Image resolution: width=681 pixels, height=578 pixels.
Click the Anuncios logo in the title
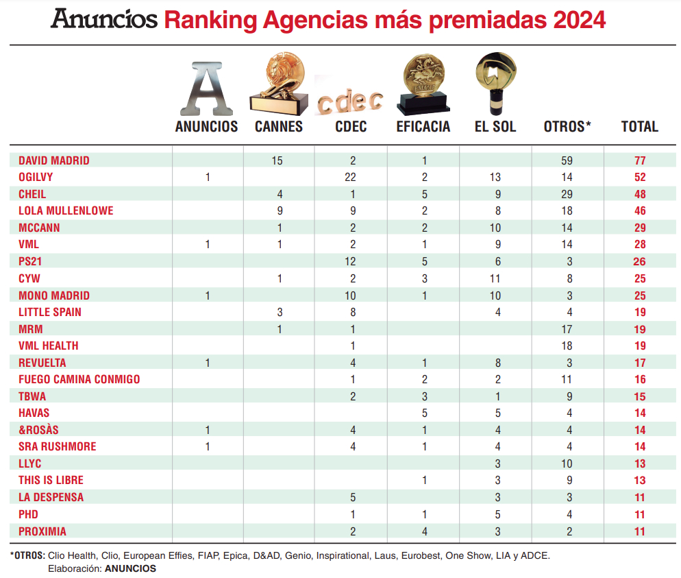pyautogui.click(x=103, y=20)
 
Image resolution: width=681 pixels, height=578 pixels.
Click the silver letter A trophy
pyautogui.click(x=206, y=88)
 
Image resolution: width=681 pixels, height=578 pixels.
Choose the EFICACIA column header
pyautogui.click(x=423, y=127)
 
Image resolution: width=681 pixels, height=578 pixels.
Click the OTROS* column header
pyautogui.click(x=567, y=127)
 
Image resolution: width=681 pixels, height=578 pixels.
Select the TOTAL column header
pyautogui.click(x=639, y=127)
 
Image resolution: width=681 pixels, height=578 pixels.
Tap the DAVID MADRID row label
pyautogui.click(x=54, y=161)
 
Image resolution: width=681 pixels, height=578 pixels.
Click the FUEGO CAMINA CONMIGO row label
pyautogui.click(x=79, y=379)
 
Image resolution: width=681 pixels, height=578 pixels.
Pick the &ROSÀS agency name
pyautogui.click(x=38, y=430)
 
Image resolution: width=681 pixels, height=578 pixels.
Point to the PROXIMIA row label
pyautogui.click(x=42, y=531)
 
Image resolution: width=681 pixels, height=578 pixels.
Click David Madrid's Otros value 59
pyautogui.click(x=566, y=161)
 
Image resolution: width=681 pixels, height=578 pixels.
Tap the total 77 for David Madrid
pyautogui.click(x=640, y=161)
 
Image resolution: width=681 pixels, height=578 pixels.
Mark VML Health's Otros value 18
pyautogui.click(x=566, y=346)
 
